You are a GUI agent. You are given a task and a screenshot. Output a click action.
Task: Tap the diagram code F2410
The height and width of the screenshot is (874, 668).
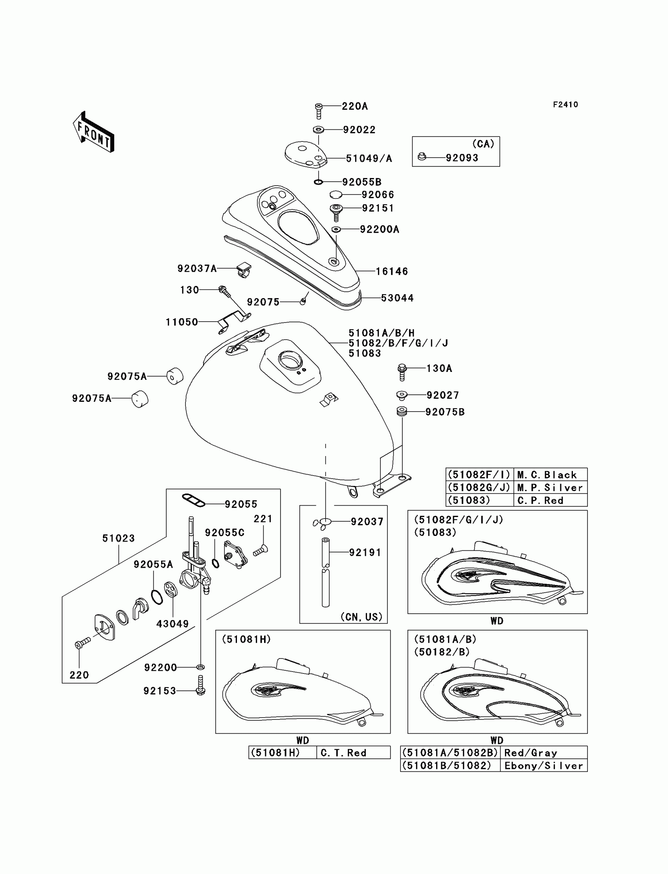565,105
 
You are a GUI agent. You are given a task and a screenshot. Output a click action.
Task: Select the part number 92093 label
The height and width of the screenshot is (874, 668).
462,158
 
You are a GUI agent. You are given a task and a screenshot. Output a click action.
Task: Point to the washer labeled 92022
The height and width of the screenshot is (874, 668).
318,130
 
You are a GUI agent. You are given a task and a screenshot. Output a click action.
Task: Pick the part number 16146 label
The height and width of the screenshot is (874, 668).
392,271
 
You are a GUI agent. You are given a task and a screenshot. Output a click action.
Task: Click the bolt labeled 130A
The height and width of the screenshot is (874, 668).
402,372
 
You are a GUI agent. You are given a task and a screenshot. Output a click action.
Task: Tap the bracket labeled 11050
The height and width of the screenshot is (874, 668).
234,322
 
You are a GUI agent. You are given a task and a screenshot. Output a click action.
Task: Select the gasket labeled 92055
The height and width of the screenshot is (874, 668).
194,500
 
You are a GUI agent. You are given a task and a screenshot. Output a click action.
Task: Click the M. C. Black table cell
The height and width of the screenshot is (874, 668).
550,475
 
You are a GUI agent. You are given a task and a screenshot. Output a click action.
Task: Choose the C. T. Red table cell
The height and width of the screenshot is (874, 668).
353,753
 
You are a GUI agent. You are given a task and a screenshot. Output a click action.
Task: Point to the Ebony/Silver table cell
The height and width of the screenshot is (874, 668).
543,765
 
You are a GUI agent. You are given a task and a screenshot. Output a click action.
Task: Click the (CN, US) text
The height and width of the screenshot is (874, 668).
361,616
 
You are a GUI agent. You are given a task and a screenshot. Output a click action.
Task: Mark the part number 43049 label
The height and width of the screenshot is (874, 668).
172,624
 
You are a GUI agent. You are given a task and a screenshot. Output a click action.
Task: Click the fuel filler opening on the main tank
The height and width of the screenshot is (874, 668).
290,360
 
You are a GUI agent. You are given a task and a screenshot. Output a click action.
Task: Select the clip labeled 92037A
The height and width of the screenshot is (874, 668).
244,269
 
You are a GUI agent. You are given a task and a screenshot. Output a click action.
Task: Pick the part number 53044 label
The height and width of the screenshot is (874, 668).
397,298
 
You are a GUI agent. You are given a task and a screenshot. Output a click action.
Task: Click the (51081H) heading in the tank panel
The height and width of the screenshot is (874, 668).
246,639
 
